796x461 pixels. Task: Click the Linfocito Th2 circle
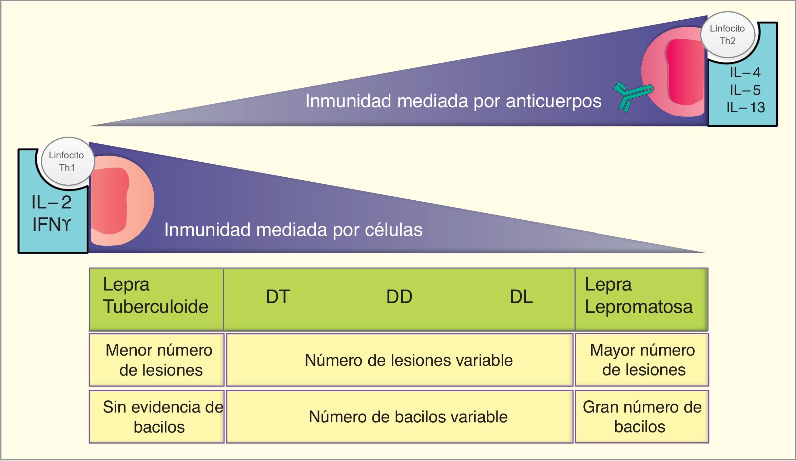tap(728, 35)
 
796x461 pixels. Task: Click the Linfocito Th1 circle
tap(67, 161)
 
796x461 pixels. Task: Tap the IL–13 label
tap(745, 107)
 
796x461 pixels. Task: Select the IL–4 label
tap(745, 73)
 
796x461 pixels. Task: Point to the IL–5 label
tap(745, 90)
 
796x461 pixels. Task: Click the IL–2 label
tap(52, 202)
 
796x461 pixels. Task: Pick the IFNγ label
tap(52, 224)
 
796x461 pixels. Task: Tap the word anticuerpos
tap(554, 101)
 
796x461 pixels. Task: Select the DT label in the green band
tap(278, 297)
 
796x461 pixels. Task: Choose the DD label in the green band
tap(399, 297)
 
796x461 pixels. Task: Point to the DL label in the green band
tap(521, 297)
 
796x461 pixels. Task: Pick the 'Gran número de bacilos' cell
tap(642, 417)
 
